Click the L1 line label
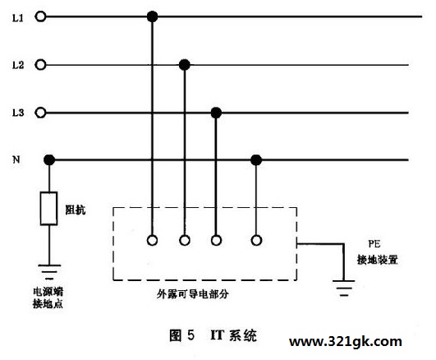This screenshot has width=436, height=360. pos(17,18)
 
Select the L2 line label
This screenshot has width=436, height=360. pos(18,65)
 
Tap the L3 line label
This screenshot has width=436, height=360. pos(18,113)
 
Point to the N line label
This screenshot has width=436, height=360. pos(16,159)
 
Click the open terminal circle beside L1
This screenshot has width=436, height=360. pos(40,16)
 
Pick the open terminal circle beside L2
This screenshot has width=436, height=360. pos(40,65)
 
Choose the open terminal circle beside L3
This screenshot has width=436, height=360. pos(40,113)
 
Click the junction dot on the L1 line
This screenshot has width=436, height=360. pos(152,16)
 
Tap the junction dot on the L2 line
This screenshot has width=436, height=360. pos(185,65)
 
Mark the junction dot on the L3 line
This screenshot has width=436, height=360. pos(216,113)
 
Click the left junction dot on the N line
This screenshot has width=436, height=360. pos(49,160)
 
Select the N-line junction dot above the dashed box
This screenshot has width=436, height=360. pos(256,160)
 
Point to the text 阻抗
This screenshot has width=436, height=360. pos(75,210)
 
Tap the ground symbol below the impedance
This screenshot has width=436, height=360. pos(49,271)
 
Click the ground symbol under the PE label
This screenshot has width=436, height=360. pos(344,288)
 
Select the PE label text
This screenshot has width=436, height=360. pos(374,244)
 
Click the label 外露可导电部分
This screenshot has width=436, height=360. pos(192,293)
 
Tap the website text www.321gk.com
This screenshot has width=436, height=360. pos(346,342)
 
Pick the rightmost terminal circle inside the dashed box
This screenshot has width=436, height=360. pos(256,240)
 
